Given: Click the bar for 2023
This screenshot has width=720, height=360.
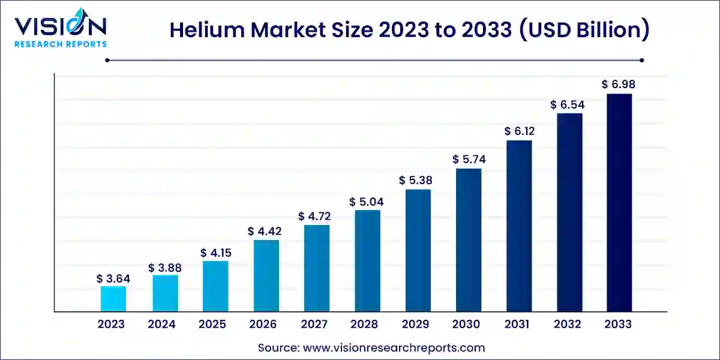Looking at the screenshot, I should (x=113, y=299).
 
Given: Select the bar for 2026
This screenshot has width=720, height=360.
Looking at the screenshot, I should (x=266, y=276).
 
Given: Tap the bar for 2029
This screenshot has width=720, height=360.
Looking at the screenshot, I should (x=418, y=251).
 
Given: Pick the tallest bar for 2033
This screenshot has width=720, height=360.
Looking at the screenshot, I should (x=619, y=203).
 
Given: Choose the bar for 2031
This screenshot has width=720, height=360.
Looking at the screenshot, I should (x=519, y=226).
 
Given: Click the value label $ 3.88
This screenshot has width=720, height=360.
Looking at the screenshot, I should (x=164, y=267).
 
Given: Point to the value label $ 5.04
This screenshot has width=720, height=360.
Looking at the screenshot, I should (x=367, y=202).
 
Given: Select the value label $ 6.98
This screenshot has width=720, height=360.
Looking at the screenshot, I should (x=619, y=85).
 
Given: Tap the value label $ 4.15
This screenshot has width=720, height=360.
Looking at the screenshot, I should (x=215, y=253).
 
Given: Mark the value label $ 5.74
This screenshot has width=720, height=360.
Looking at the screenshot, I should (x=469, y=160).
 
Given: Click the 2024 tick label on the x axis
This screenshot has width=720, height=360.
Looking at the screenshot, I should (x=161, y=325).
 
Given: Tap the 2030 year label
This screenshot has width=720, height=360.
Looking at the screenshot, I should (x=466, y=325).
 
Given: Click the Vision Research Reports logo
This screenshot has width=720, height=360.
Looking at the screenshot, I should (x=60, y=30).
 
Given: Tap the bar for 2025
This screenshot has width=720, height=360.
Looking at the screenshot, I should (x=215, y=286).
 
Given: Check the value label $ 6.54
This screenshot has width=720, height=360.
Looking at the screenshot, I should (x=567, y=104).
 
